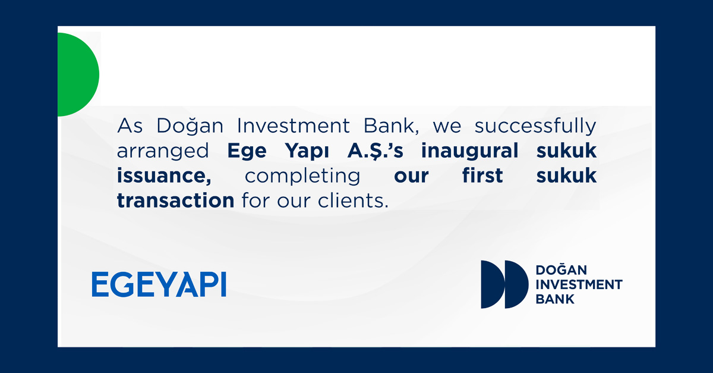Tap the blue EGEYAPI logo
159,284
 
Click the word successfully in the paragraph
535,127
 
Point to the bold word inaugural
470,151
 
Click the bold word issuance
164,175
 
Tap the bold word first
482,175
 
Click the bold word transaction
176,200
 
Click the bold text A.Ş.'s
376,151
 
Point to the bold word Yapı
307,151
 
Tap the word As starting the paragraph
130,126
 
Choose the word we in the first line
447,127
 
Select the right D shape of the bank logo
515,284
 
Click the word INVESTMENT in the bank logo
579,284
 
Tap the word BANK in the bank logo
555,299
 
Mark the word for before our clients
255,200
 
